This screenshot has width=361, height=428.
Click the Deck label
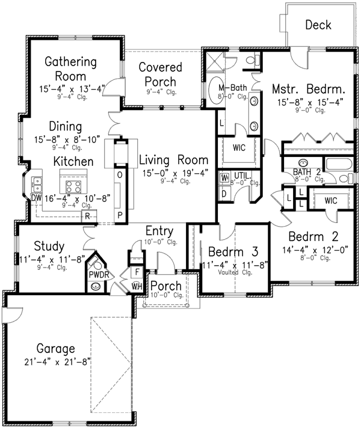[318, 25]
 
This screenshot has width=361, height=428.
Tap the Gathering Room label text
[71, 69]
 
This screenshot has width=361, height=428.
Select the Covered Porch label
[158, 74]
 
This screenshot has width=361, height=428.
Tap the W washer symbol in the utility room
[224, 178]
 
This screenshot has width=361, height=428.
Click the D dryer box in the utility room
[224, 194]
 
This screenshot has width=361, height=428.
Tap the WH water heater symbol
[137, 286]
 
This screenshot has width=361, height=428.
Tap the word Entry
[159, 231]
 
